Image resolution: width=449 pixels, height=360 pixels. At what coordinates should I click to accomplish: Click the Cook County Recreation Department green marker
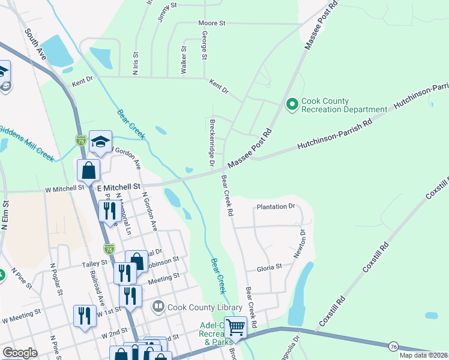point(292,105)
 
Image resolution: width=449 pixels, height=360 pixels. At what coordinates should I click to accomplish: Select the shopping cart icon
point(235,328)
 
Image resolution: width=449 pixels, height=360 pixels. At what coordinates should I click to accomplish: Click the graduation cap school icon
point(100,142)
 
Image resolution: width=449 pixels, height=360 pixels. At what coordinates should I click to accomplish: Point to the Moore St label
point(211,23)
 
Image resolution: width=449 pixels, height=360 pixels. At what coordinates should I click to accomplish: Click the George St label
point(204,46)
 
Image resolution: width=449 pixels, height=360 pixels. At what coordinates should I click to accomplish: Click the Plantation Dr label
point(276,206)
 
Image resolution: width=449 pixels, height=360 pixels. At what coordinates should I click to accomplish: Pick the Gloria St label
point(270,267)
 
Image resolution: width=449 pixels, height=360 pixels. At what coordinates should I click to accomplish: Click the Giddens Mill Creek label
point(27,142)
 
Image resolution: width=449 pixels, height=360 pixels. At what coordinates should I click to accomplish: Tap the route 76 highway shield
point(393,346)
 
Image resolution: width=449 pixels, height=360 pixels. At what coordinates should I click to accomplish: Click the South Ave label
point(35,41)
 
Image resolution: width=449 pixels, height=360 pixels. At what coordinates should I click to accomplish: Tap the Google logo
point(20,353)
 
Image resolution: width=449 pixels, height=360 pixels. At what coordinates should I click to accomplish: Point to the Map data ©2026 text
point(423,355)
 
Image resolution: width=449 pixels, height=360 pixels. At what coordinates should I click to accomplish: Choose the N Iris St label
point(136,63)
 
